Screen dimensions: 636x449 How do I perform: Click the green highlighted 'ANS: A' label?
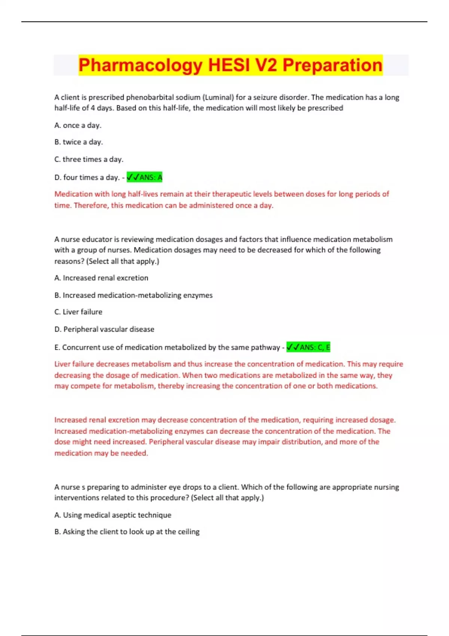(x=144, y=177)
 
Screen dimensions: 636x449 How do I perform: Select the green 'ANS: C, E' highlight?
(x=308, y=347)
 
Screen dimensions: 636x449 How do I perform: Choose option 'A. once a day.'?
(x=78, y=125)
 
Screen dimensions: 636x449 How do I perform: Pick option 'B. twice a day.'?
(x=79, y=142)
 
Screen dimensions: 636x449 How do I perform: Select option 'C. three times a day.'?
(x=89, y=159)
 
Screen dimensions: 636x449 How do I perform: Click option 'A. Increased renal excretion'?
(x=101, y=278)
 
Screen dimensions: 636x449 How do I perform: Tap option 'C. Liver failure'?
(x=78, y=312)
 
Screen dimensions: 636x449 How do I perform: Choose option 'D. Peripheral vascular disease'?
(x=104, y=329)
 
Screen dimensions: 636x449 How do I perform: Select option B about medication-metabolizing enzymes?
(x=133, y=295)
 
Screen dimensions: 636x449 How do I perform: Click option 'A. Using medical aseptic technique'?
(x=113, y=515)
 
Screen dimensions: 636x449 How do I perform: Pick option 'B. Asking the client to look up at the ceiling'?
(x=127, y=532)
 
